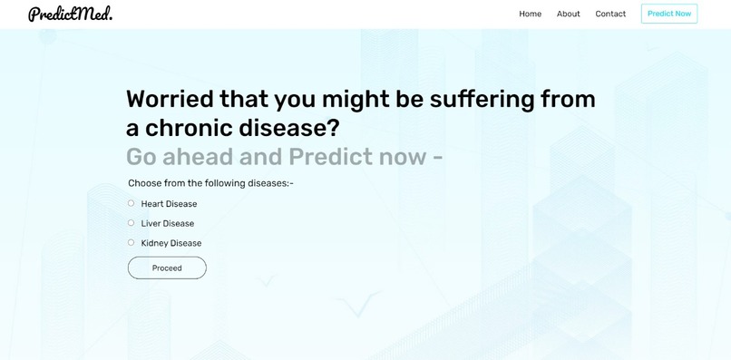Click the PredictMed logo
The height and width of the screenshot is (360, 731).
[x=70, y=14]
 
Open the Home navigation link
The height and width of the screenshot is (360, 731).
[x=530, y=14]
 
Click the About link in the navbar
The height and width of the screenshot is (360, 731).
[x=568, y=14]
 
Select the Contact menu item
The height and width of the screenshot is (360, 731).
[x=610, y=14]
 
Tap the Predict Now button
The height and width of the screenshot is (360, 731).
[x=668, y=14]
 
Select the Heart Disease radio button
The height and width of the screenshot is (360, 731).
[x=132, y=203]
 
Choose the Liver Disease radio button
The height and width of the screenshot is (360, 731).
[x=132, y=223]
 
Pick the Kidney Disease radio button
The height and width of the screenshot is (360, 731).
[x=132, y=242]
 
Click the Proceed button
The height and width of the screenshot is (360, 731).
[x=167, y=268]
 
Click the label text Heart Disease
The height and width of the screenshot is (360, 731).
[x=169, y=204]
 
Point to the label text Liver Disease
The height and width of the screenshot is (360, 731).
[x=168, y=224]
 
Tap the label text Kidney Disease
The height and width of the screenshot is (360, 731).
[x=171, y=243]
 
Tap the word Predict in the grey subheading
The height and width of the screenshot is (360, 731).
[x=330, y=157]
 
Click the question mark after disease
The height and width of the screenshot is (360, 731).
[x=332, y=128]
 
